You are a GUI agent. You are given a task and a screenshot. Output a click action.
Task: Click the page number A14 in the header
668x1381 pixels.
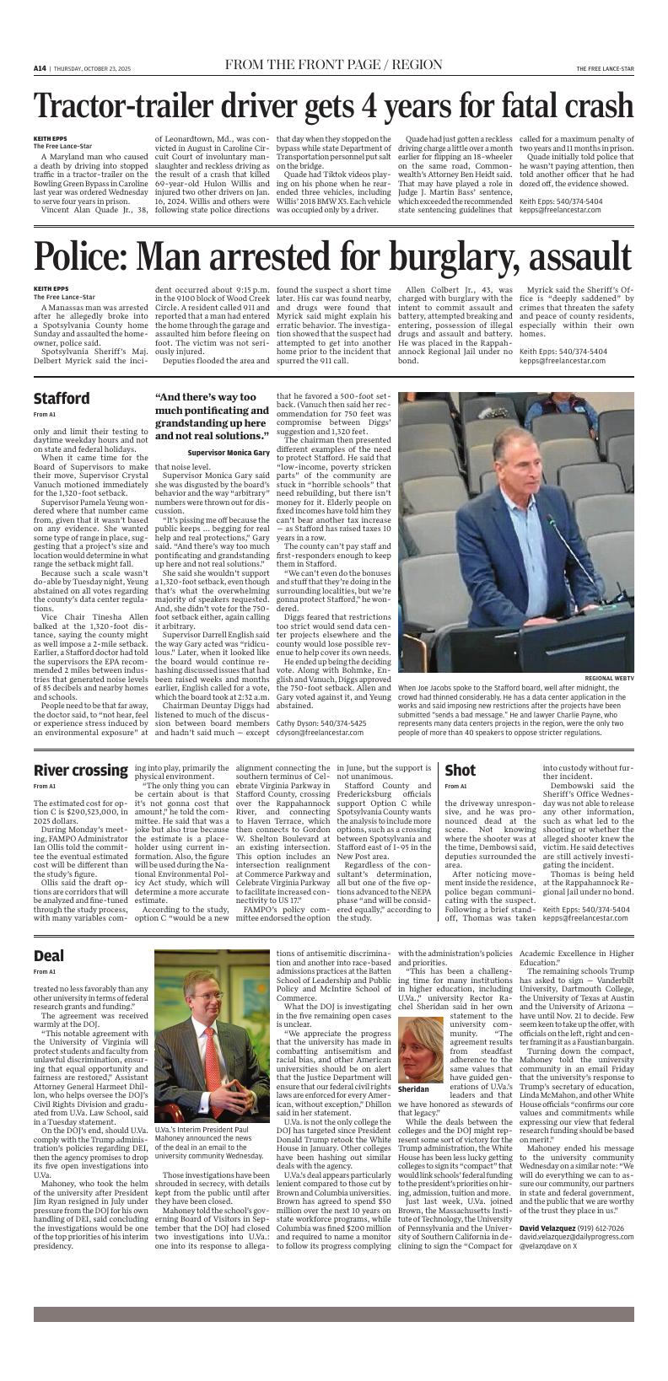pos(40,68)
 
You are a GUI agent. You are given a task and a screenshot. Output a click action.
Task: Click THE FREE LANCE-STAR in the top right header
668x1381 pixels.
pos(605,68)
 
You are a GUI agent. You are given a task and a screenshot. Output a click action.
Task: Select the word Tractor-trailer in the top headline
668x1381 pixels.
pos(132,107)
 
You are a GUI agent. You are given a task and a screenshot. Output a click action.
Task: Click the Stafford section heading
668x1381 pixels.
pos(61,398)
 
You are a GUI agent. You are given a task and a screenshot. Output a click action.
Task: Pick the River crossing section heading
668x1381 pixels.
pos(80,770)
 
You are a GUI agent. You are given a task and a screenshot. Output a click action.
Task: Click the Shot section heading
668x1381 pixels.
pos(460,770)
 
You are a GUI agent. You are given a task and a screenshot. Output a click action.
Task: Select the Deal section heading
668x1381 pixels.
pos(49,955)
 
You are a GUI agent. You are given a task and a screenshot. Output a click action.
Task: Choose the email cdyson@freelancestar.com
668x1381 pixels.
pos(321,733)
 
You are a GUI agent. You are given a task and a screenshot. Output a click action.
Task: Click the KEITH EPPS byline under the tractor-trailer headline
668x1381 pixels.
pos(50,138)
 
